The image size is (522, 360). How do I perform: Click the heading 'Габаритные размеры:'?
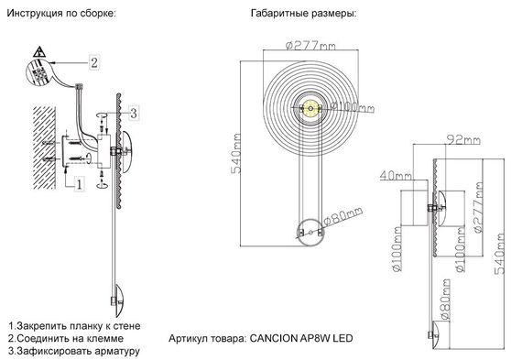(303, 16)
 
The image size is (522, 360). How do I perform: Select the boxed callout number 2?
(93, 62)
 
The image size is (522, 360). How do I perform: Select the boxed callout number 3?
(133, 114)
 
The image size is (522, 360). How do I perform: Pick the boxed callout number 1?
(80, 183)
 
